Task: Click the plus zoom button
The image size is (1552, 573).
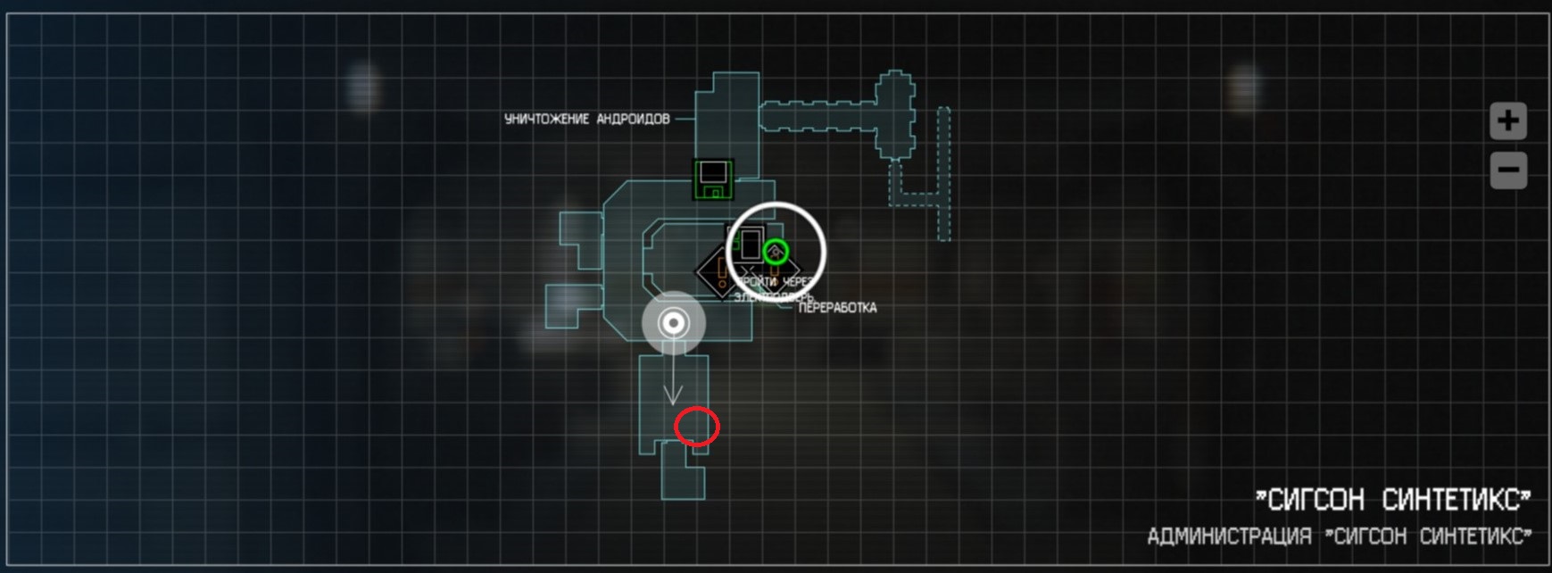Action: (1508, 120)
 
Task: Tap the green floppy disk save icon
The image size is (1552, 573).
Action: (713, 179)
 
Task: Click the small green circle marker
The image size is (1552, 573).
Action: (776, 251)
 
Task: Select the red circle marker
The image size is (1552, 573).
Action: (696, 426)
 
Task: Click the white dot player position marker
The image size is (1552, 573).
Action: (674, 322)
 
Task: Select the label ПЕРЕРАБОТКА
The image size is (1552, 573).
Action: (837, 308)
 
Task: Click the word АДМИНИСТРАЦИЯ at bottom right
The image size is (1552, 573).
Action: (1229, 536)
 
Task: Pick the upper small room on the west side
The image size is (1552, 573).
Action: (580, 240)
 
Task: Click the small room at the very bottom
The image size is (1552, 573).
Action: (683, 478)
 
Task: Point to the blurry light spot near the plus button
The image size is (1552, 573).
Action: (1244, 87)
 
